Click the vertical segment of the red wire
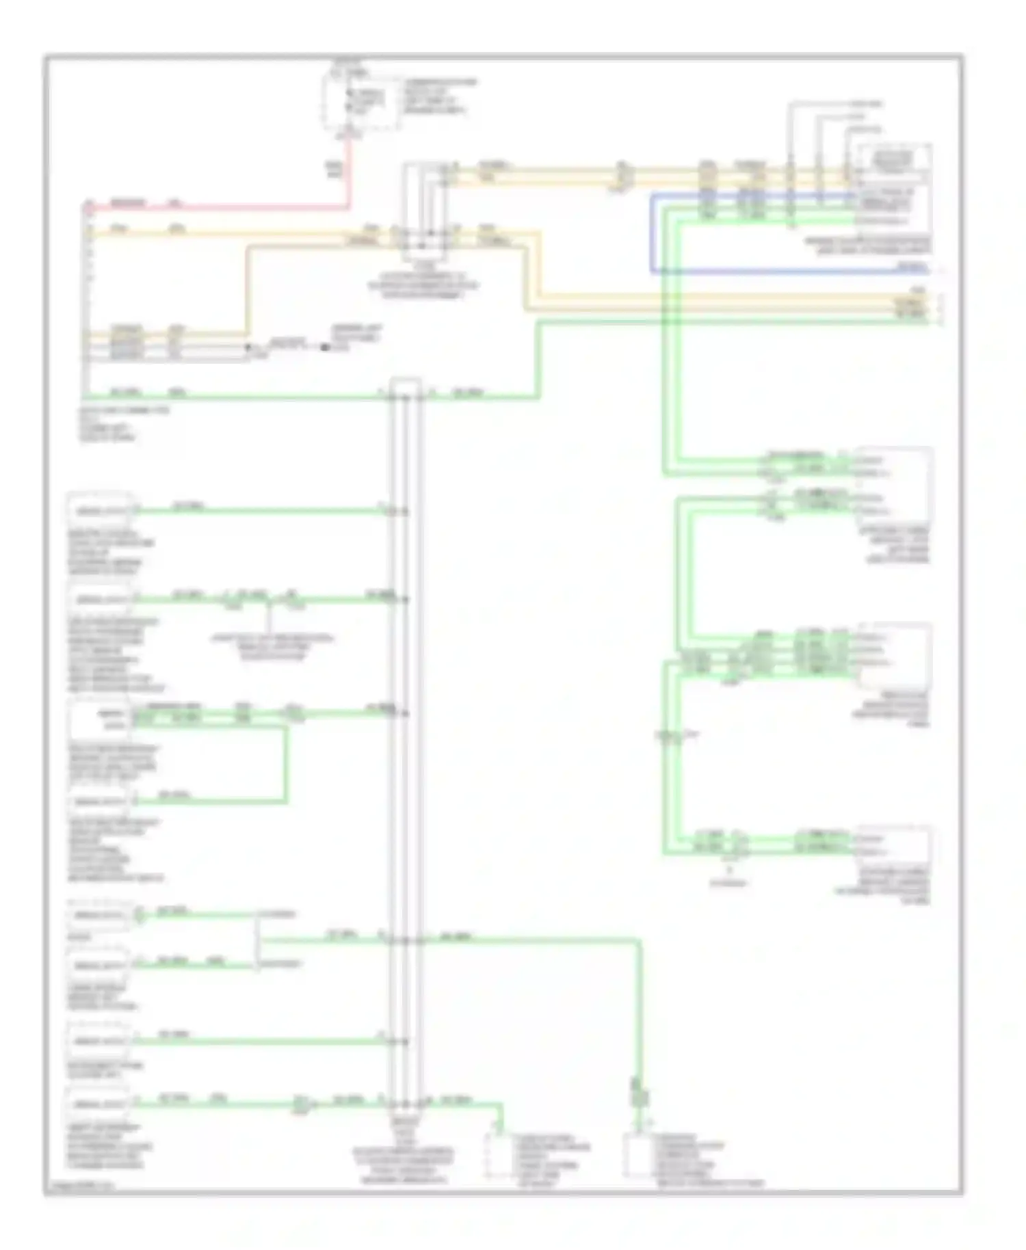(x=350, y=171)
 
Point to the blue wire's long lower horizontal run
(x=787, y=271)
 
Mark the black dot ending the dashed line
(x=325, y=348)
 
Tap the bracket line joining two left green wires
(x=257, y=940)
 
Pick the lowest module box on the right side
(x=893, y=847)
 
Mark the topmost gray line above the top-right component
(x=821, y=104)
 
